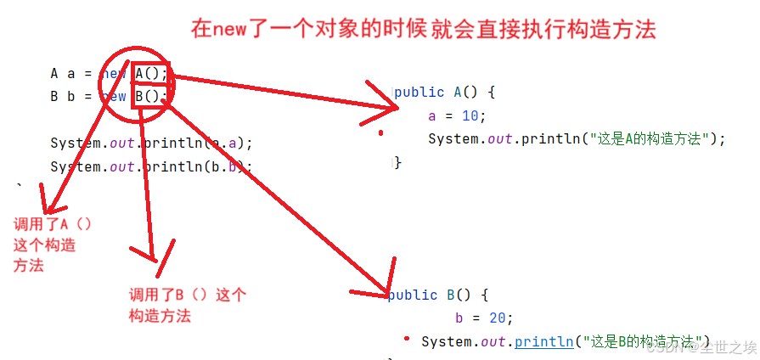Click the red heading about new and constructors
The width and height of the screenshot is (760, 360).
423,29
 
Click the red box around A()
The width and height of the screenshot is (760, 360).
151,73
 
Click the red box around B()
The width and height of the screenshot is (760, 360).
150,96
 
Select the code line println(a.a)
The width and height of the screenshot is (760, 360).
151,143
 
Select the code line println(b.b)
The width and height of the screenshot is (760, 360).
151,167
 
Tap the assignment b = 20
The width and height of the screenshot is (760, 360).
484,318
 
